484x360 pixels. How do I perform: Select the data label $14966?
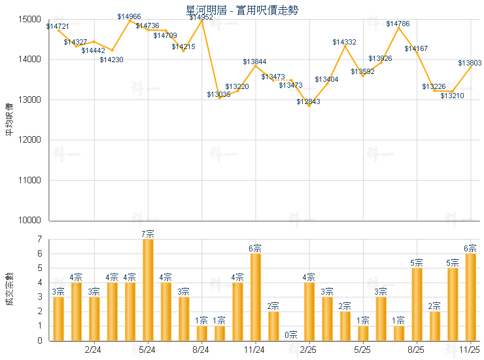[x=129, y=16]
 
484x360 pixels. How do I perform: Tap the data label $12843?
[x=308, y=101]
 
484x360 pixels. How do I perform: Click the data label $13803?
[x=470, y=63]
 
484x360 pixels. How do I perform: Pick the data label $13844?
[x=254, y=62]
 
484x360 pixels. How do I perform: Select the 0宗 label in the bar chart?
[x=291, y=334]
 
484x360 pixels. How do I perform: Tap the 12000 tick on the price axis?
[x=31, y=140]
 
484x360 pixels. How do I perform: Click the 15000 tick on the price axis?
[x=31, y=20]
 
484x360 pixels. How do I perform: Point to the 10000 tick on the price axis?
[x=31, y=221]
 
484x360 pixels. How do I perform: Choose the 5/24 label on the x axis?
[x=148, y=350]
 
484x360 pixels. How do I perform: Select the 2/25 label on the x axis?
[x=309, y=350]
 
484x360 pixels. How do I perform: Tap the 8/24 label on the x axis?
[x=201, y=350]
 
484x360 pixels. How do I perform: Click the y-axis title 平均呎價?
[x=9, y=120]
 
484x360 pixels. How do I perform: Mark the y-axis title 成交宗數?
[x=9, y=289]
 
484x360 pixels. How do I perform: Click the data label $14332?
[x=344, y=42]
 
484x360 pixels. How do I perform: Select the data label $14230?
[x=111, y=60]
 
